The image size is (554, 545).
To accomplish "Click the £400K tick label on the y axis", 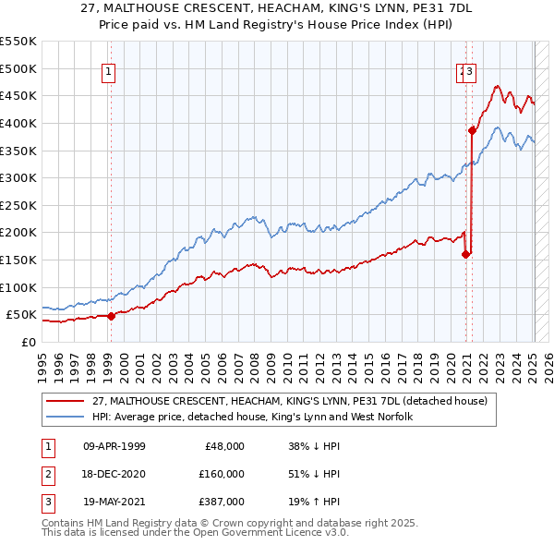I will (x=18, y=123).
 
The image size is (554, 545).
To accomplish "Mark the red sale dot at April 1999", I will (x=111, y=316).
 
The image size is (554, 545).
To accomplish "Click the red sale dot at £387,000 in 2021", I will (x=472, y=130).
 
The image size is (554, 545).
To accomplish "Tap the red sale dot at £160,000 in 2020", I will (x=465, y=254).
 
